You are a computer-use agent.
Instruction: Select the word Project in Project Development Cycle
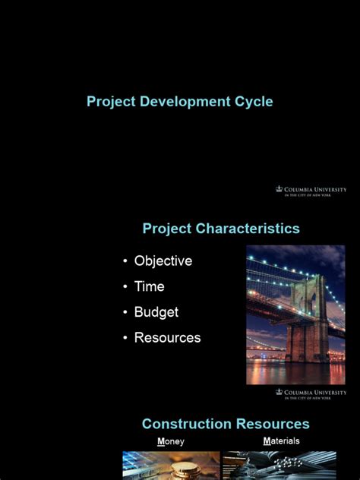(110, 101)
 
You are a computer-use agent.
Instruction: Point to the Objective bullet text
(163, 261)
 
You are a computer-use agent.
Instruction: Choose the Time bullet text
(150, 287)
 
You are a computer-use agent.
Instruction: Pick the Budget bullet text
(156, 312)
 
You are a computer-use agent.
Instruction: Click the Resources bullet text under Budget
(168, 338)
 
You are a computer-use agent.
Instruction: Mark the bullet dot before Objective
(125, 262)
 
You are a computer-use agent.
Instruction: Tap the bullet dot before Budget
(125, 313)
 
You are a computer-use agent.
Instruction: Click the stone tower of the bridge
(308, 318)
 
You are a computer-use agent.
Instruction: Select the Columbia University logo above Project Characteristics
(311, 191)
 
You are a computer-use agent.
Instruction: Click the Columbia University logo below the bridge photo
(311, 393)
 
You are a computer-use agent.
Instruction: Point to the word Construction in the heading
(186, 424)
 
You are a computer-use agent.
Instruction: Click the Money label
(171, 441)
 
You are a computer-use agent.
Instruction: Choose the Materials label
(282, 441)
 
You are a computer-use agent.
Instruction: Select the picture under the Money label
(171, 465)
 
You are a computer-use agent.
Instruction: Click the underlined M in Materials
(267, 441)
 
